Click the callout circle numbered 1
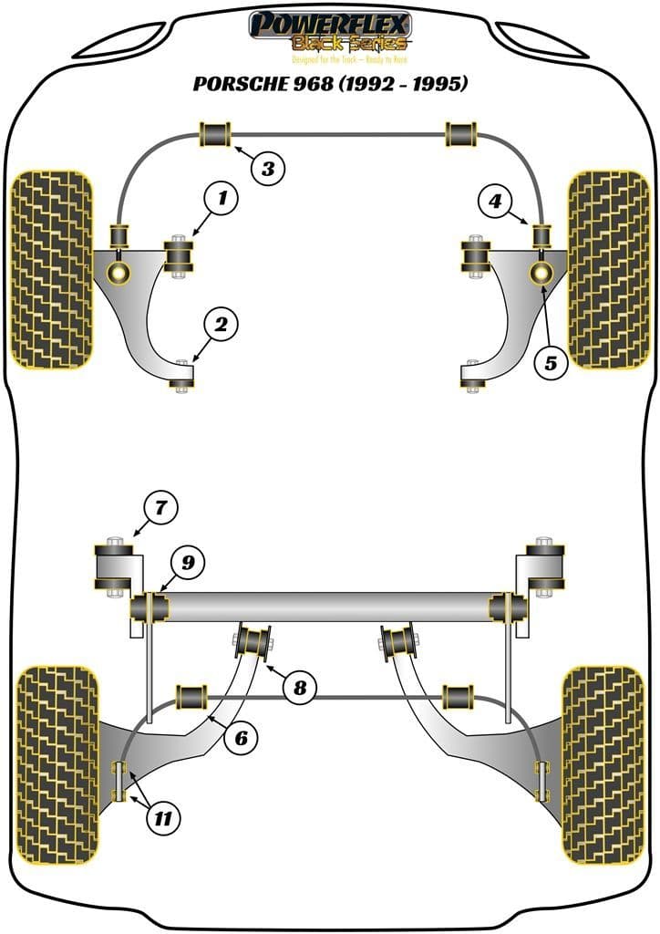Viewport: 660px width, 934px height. tap(221, 197)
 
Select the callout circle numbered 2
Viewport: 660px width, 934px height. tap(221, 323)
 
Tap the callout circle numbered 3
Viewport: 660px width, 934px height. tap(267, 168)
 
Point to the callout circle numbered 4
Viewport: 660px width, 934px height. tap(494, 201)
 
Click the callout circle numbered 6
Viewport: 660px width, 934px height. tap(241, 737)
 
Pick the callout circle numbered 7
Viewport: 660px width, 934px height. tap(161, 506)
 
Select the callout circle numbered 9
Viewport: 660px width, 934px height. tap(187, 564)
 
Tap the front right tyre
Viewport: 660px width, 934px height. tap(608, 269)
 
